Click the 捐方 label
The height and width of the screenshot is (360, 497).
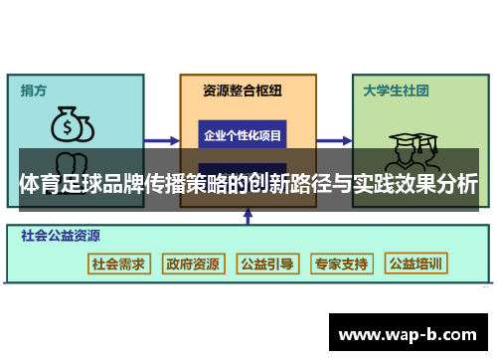pyautogui.click(x=34, y=90)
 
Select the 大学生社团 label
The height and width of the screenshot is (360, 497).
pyautogui.click(x=396, y=90)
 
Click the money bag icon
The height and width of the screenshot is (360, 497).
pyautogui.click(x=72, y=126)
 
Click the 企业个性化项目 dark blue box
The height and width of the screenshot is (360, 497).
pyautogui.click(x=243, y=134)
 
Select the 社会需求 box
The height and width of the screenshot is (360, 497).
pyautogui.click(x=118, y=264)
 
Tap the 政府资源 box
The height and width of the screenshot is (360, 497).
pyautogui.click(x=193, y=264)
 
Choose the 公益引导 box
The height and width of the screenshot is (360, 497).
pyautogui.click(x=266, y=264)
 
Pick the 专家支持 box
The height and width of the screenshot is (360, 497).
pyautogui.click(x=341, y=264)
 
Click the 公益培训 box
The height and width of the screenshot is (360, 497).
pyautogui.click(x=416, y=264)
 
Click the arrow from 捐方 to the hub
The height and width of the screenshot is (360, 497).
pyautogui.click(x=159, y=140)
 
